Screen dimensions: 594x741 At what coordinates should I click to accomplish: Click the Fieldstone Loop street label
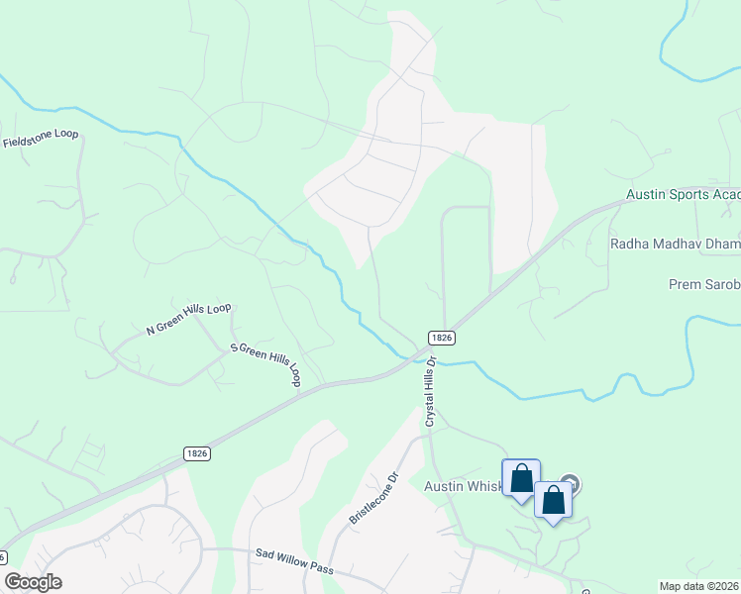tap(41, 140)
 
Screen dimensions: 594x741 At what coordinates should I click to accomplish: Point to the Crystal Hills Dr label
tap(431, 391)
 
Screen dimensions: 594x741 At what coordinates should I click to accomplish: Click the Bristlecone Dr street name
tap(372, 499)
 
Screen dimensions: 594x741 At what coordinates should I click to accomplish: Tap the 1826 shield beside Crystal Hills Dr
tap(442, 338)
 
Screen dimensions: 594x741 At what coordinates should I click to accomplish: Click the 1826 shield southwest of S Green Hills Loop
tap(196, 452)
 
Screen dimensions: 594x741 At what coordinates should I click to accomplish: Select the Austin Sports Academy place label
tap(683, 196)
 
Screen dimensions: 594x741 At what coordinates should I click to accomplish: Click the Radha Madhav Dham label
tap(675, 243)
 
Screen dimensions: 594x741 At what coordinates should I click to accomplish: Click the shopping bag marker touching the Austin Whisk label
tap(521, 479)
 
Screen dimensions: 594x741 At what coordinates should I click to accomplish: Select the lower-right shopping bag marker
tap(553, 500)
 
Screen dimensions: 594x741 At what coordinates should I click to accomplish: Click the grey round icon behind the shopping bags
tap(571, 485)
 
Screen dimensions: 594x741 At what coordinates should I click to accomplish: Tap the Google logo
tap(33, 582)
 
